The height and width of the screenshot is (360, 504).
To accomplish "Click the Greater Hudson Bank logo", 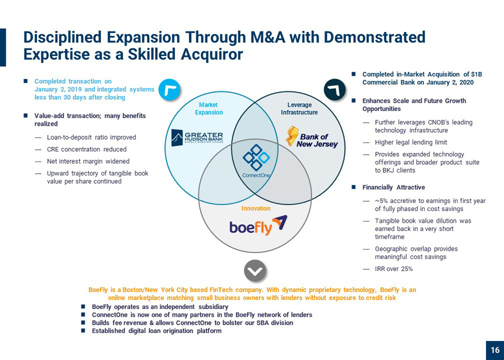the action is coord(197,137).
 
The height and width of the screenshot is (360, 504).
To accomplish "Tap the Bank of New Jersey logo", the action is coord(312,137).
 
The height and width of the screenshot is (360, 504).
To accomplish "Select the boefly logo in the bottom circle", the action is coord(258,225).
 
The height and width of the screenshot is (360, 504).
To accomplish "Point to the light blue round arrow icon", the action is coord(170,90).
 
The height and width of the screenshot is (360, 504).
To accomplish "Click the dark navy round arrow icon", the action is coord(335,90).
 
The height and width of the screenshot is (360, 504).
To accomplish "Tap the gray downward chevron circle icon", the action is coord(255,271).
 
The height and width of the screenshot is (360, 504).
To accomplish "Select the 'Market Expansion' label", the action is coord(209,109).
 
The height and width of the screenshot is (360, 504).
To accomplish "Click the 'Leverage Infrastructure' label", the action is coord(299,109).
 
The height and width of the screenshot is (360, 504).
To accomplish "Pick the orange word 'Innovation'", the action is coord(256,208).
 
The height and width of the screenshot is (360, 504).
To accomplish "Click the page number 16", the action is coord(495,350).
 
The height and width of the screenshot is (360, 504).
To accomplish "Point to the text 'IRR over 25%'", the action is coord(394,269).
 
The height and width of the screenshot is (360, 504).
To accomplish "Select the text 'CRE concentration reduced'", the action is coord(87,149).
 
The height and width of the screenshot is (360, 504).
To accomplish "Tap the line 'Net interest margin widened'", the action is coord(89,161).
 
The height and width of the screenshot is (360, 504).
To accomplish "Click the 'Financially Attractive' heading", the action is coord(394,187).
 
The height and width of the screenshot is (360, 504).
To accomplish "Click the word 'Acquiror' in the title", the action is coord(212,54).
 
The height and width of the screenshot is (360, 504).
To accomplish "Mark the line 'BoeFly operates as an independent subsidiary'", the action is coord(160,307).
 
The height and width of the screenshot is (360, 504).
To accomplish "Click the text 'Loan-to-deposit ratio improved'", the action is coord(91,137).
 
